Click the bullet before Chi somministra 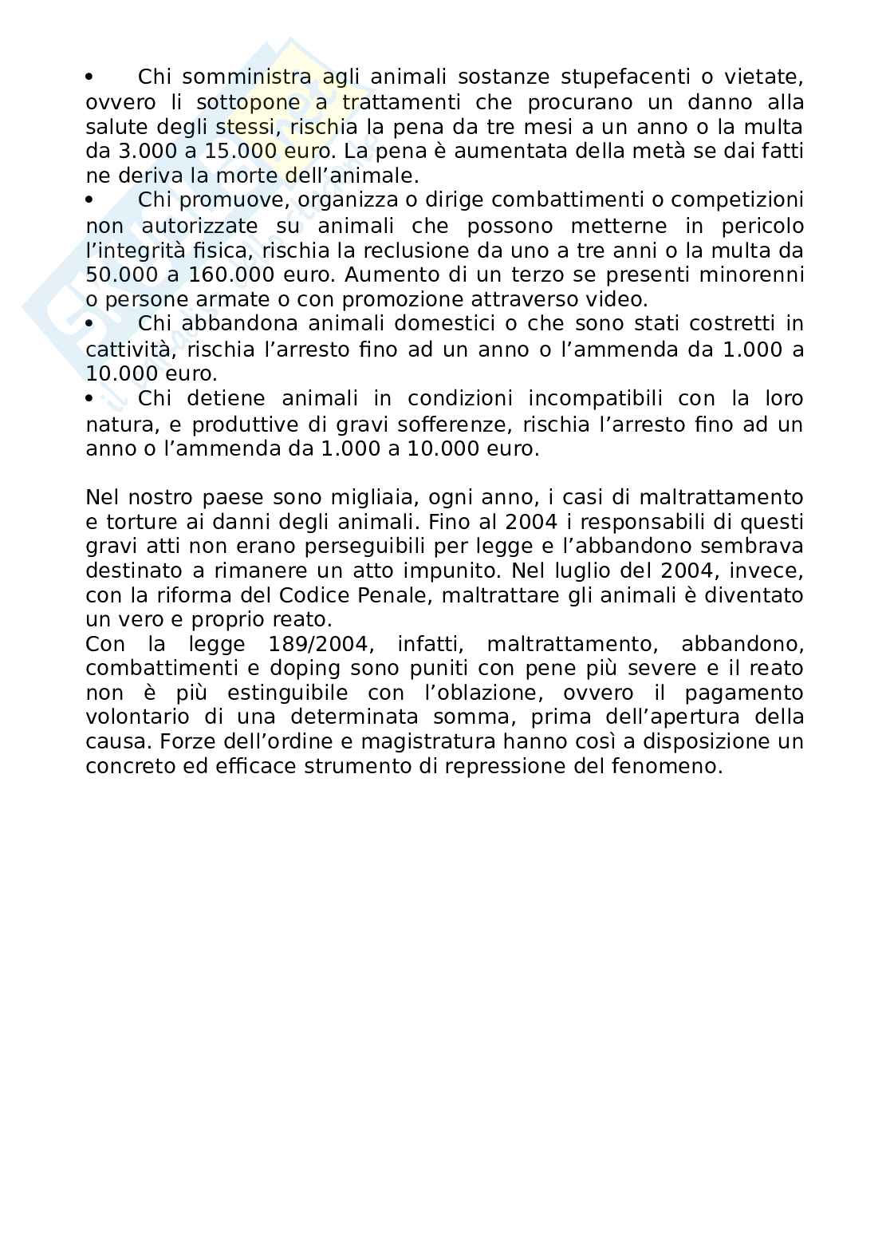pos(89,77)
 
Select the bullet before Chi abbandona pos(89,323)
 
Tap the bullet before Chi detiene pos(89,397)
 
